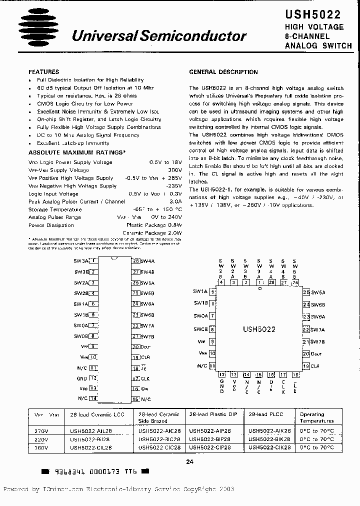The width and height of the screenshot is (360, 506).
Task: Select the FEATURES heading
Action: pyautogui.click(x=44, y=72)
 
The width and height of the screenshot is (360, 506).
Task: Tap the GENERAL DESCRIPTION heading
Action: pyautogui.click(x=223, y=72)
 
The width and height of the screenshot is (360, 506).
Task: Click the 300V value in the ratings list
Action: pyautogui.click(x=169, y=170)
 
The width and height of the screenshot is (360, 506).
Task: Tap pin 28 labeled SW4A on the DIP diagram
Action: pyautogui.click(x=135, y=261)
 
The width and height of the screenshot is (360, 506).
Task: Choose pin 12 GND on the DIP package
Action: pyautogui.click(x=93, y=378)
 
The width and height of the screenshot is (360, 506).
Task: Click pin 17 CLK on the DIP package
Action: pyautogui.click(x=135, y=378)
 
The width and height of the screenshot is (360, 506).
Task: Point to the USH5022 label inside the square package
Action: pyautogui.click(x=259, y=330)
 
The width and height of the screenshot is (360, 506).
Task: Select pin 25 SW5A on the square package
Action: pyautogui.click(x=306, y=292)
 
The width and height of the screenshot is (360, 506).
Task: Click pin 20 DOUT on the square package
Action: pyautogui.click(x=306, y=354)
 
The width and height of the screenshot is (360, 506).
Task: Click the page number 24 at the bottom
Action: pyautogui.click(x=189, y=462)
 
